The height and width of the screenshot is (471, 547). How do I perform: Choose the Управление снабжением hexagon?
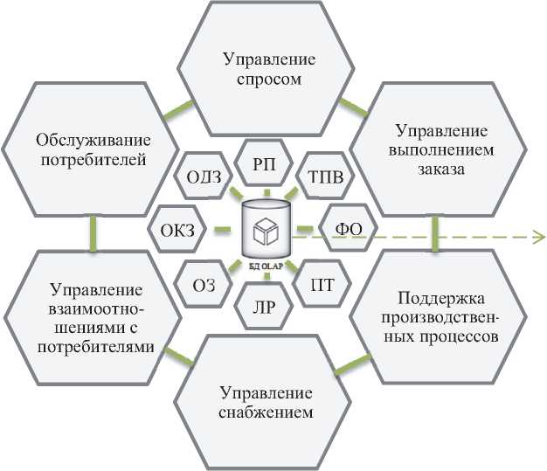pyautogui.click(x=267, y=401)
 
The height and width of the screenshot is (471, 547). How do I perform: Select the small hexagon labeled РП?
pyautogui.click(x=266, y=163)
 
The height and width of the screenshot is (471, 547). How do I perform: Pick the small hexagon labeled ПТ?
pyautogui.click(x=321, y=283)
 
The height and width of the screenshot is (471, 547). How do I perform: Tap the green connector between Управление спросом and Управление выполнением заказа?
pyautogui.click(x=353, y=107)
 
